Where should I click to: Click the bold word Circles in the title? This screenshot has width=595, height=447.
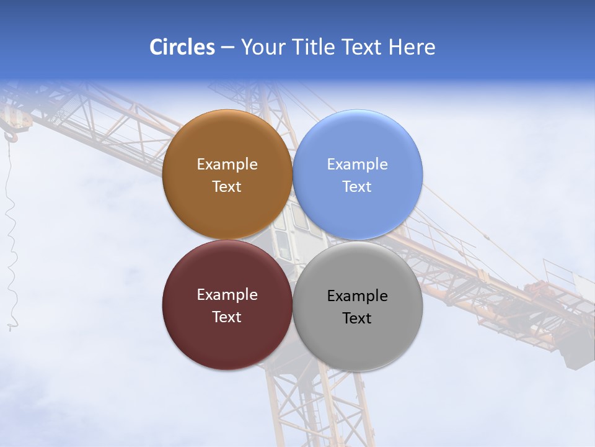[182, 47]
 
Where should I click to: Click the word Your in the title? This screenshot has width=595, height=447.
[261, 47]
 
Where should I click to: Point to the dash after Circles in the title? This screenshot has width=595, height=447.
[227, 48]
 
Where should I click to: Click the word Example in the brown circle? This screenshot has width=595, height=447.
[227, 165]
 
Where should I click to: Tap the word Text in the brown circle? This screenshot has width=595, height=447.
[227, 187]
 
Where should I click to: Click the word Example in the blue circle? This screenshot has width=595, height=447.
[357, 165]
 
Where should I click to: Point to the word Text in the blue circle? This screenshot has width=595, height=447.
[357, 187]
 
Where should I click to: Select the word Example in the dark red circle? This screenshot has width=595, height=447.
[227, 295]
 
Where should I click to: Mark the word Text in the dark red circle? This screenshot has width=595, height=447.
[227, 317]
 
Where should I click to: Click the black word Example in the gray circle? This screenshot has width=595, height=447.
[357, 296]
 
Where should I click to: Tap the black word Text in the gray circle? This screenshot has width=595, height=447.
[357, 318]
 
